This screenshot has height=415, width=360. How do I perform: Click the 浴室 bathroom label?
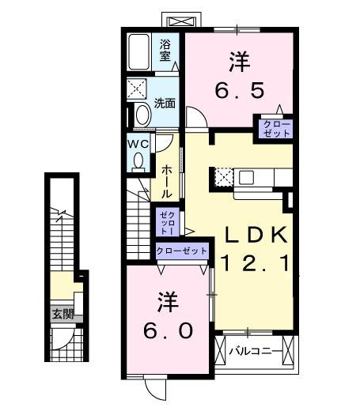[166, 50]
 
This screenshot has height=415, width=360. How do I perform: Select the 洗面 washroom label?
[165, 103]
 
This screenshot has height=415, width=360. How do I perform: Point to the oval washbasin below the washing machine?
[142, 114]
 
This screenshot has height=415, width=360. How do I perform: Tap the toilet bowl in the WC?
[139, 160]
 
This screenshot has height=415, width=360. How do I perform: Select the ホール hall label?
[168, 181]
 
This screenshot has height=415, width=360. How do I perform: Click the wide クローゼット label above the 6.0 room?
[182, 251]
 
